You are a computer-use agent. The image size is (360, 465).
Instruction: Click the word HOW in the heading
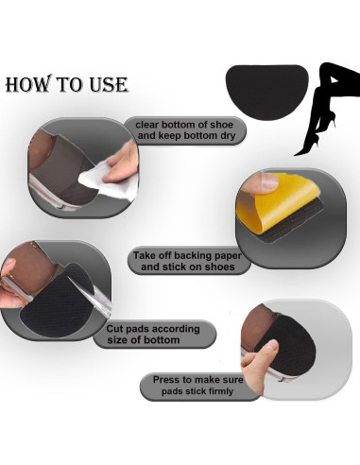pos(28,84)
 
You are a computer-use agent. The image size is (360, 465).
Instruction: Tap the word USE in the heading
pos(109,84)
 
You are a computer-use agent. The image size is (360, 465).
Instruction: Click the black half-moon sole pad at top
pos(267,92)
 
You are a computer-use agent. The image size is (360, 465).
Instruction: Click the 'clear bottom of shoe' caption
pos(184,125)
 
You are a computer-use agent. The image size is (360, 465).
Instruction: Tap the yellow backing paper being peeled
pos(277,201)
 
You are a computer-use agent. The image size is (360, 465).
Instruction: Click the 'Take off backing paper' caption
pos(187,255)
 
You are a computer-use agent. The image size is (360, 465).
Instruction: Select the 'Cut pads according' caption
pos(153,329)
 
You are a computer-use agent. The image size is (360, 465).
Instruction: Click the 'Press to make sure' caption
pos(198,380)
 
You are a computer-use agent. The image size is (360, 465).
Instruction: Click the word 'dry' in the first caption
pos(228,136)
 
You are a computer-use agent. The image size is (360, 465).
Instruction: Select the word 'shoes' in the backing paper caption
pos(220,267)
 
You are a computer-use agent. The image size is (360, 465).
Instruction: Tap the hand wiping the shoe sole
pos(121,164)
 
